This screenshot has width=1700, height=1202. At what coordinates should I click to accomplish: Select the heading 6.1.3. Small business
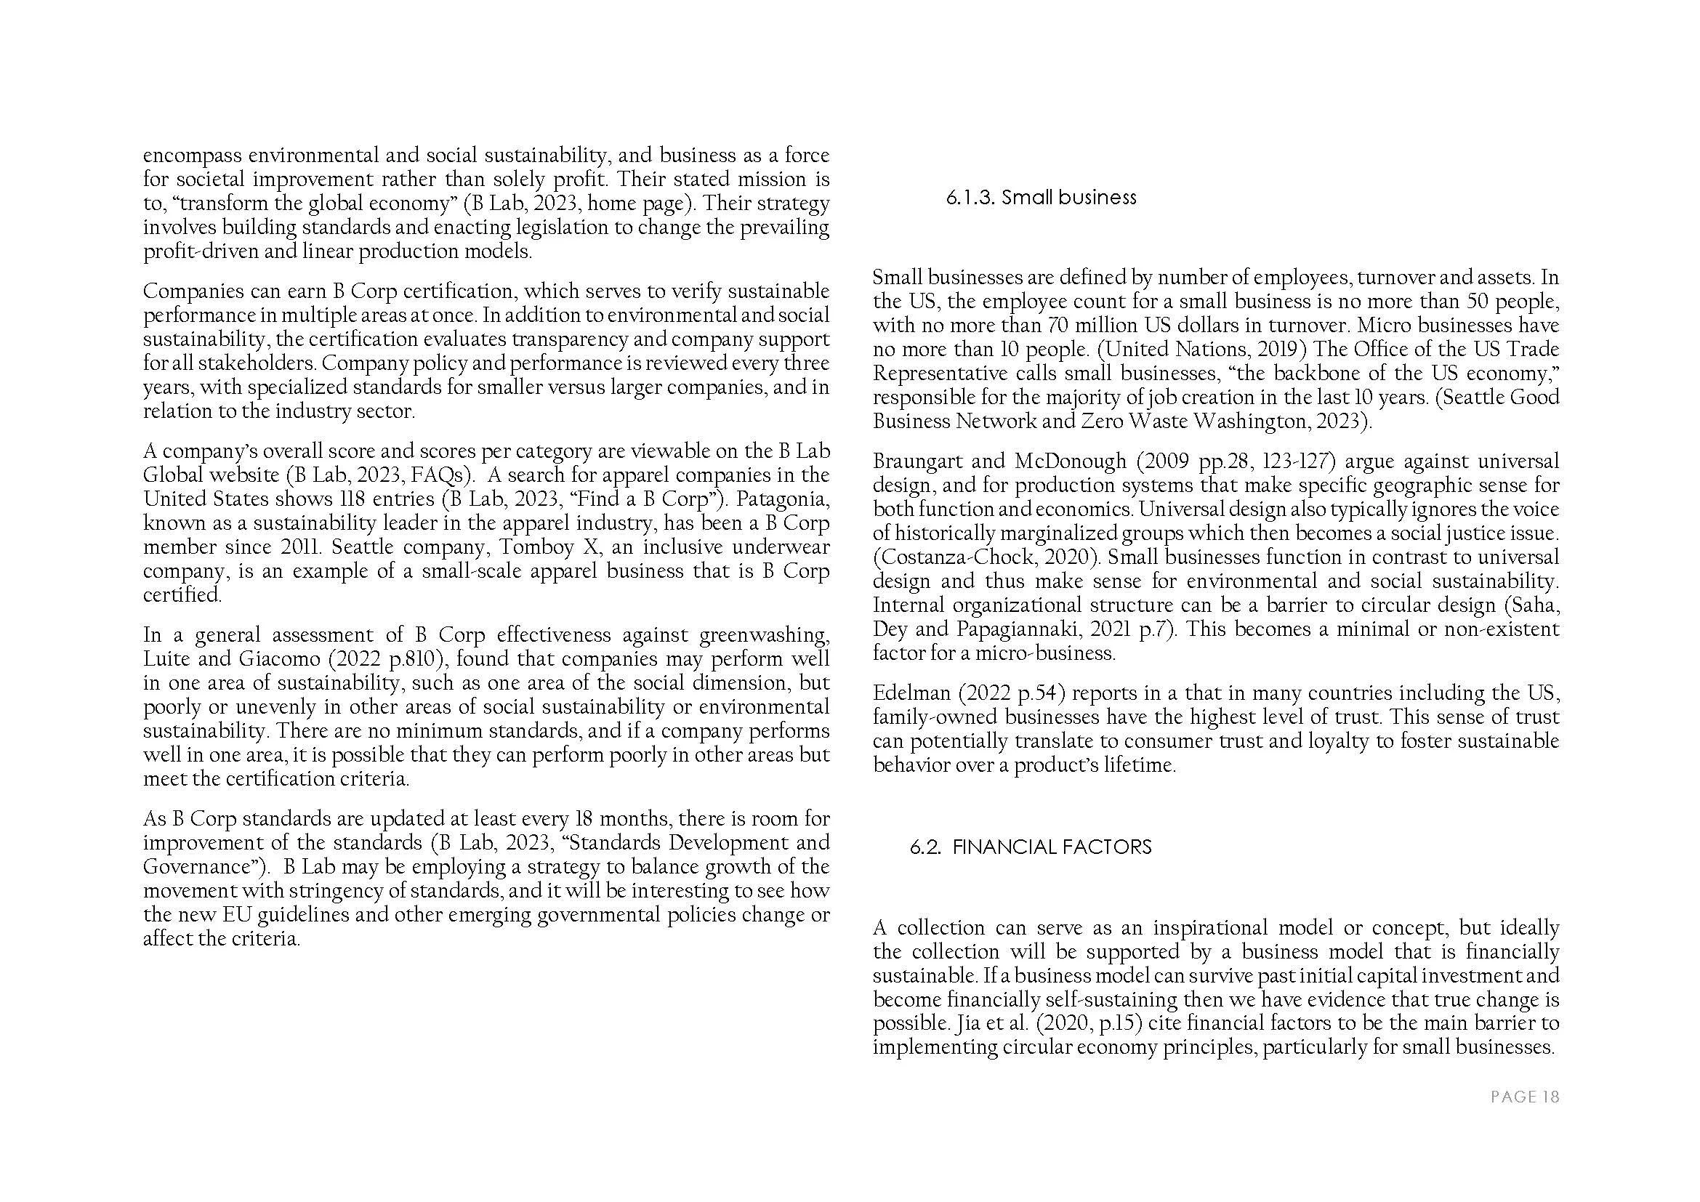pos(1041,198)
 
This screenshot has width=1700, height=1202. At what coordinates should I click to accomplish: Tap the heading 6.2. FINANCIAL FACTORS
pos(1031,847)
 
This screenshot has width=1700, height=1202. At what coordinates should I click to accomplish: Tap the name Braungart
pos(917,461)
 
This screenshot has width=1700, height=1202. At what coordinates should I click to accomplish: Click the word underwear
pos(782,547)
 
